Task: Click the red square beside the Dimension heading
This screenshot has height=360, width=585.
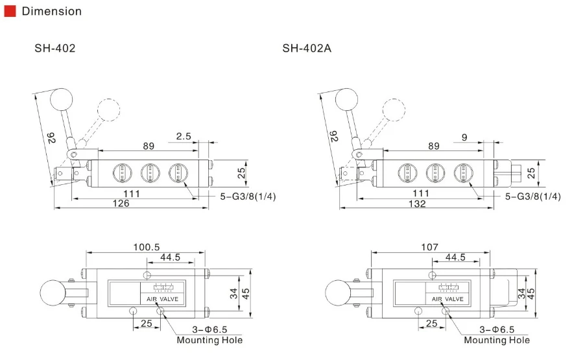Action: click(x=10, y=11)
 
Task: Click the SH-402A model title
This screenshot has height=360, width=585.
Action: click(x=307, y=49)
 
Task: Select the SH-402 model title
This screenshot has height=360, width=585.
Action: click(x=55, y=49)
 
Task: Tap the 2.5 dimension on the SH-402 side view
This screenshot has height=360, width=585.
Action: click(x=184, y=136)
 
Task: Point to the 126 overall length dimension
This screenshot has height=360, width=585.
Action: click(x=121, y=203)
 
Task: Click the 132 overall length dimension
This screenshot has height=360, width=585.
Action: click(x=417, y=204)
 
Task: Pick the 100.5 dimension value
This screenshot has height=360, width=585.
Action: click(x=147, y=247)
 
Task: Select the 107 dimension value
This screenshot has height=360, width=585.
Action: click(x=430, y=247)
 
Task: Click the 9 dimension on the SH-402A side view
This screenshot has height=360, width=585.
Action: click(x=464, y=138)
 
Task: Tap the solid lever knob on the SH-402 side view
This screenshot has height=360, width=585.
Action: click(x=62, y=100)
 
